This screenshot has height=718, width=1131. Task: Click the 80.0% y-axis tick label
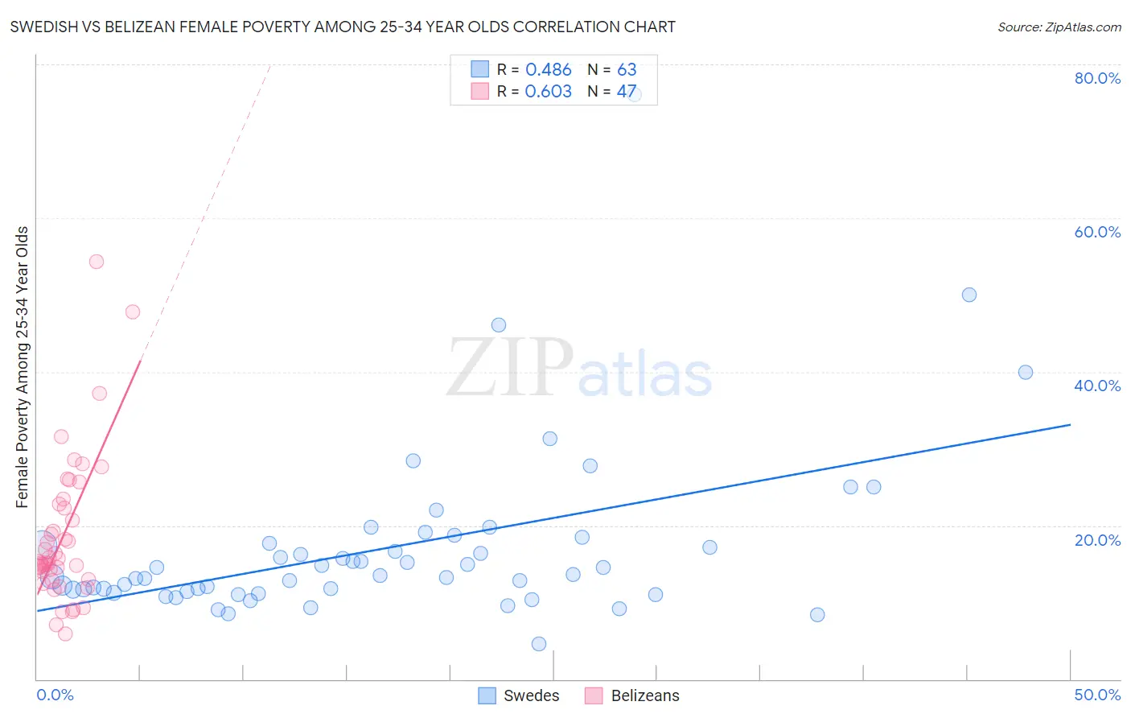1097,78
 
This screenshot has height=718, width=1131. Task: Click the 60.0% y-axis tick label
1097,232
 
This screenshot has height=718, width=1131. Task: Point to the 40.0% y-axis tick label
1097,386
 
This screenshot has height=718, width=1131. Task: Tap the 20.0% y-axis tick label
1097,540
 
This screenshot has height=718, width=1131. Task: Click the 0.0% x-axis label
55,695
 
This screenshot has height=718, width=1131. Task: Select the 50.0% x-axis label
1097,695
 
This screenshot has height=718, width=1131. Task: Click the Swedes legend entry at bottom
519,695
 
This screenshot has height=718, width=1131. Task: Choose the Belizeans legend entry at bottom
632,695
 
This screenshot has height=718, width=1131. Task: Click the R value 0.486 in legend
548,70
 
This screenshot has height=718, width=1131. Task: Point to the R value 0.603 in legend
548,92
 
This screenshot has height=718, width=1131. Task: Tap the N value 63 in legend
627,70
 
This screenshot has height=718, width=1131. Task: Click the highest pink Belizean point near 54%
97,262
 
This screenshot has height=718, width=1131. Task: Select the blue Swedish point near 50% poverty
969,295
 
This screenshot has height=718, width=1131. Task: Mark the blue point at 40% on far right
1026,372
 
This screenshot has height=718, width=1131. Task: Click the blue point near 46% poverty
499,325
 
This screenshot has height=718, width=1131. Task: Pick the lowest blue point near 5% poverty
539,644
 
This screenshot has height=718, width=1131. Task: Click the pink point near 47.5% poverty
133,312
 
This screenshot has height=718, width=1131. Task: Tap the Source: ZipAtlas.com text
1059,27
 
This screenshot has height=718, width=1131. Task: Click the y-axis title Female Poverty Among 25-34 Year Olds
23,367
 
